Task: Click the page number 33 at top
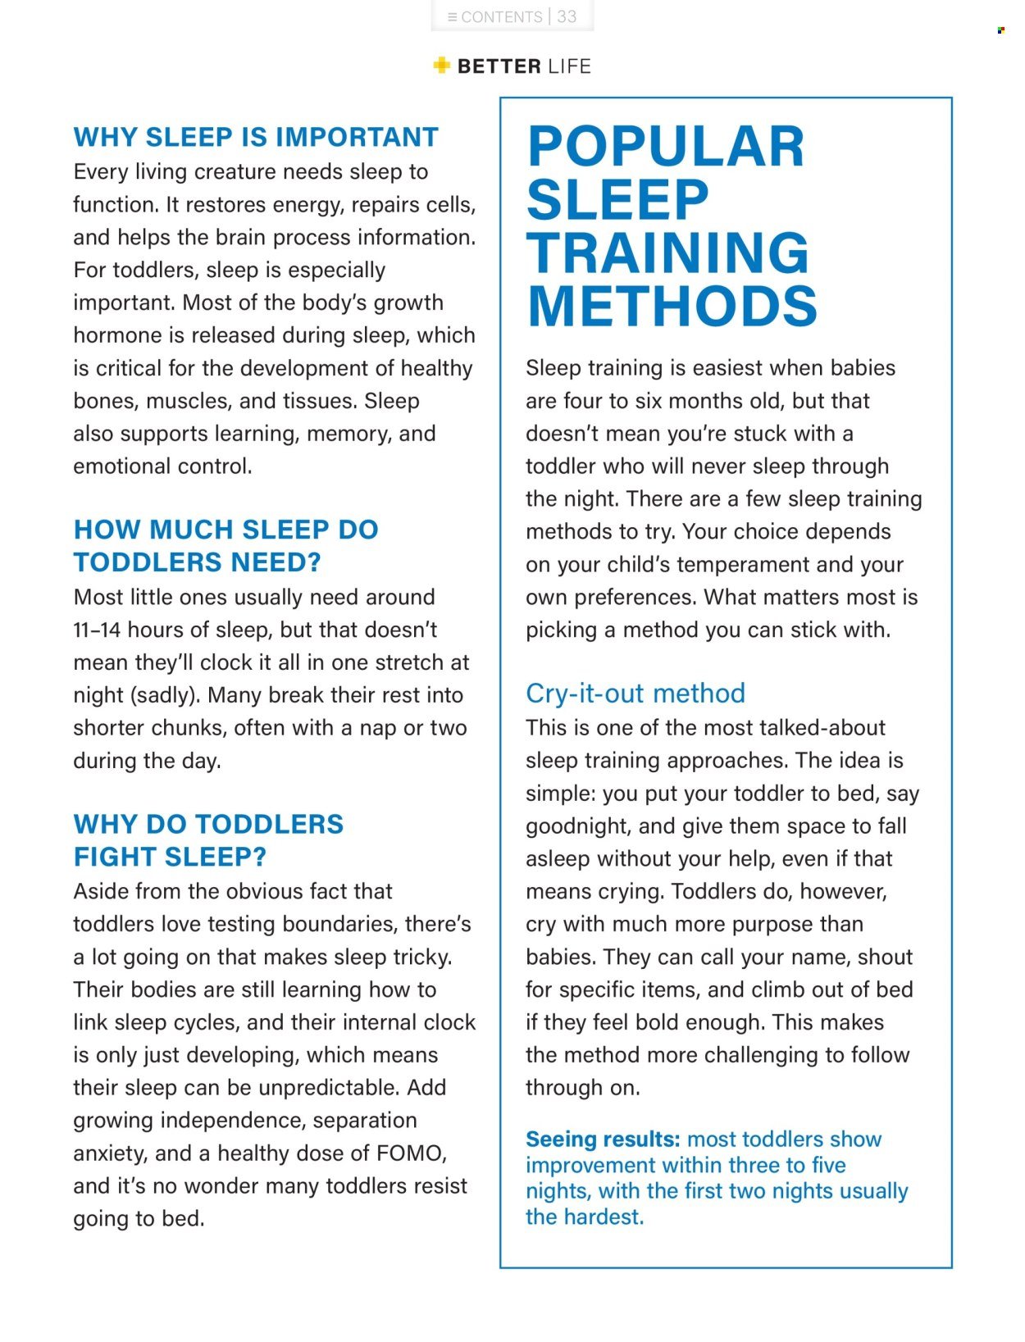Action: coord(567,16)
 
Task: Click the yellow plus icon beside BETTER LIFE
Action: coord(442,66)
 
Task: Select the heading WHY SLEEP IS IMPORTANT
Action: coord(256,137)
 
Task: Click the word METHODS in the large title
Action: coord(672,307)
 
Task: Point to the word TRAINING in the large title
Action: coord(667,252)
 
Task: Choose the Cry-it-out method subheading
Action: coord(635,694)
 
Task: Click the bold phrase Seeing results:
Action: coord(603,1140)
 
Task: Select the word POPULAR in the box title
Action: coord(665,147)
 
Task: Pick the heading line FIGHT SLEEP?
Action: coord(170,857)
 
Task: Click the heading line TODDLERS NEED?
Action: coord(197,562)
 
